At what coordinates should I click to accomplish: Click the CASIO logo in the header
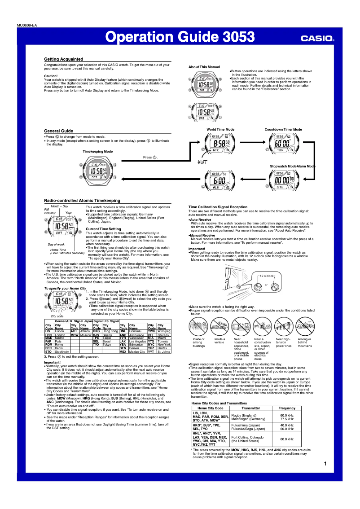(317, 39)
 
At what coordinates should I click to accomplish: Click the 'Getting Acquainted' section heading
(63, 59)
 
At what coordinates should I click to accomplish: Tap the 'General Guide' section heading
(58, 131)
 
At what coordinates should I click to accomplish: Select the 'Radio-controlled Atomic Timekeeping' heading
(82, 200)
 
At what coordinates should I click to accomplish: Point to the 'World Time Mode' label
(220, 129)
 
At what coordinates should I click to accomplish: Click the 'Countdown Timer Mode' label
(283, 129)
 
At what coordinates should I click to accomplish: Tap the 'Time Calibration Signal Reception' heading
(218, 207)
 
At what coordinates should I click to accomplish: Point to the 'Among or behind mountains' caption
(305, 342)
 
